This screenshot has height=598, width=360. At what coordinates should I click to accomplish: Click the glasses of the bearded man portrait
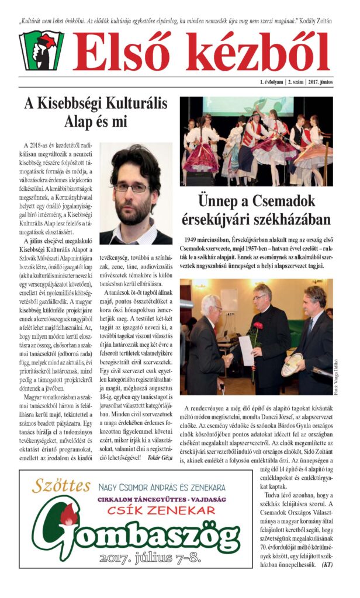click(133, 187)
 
